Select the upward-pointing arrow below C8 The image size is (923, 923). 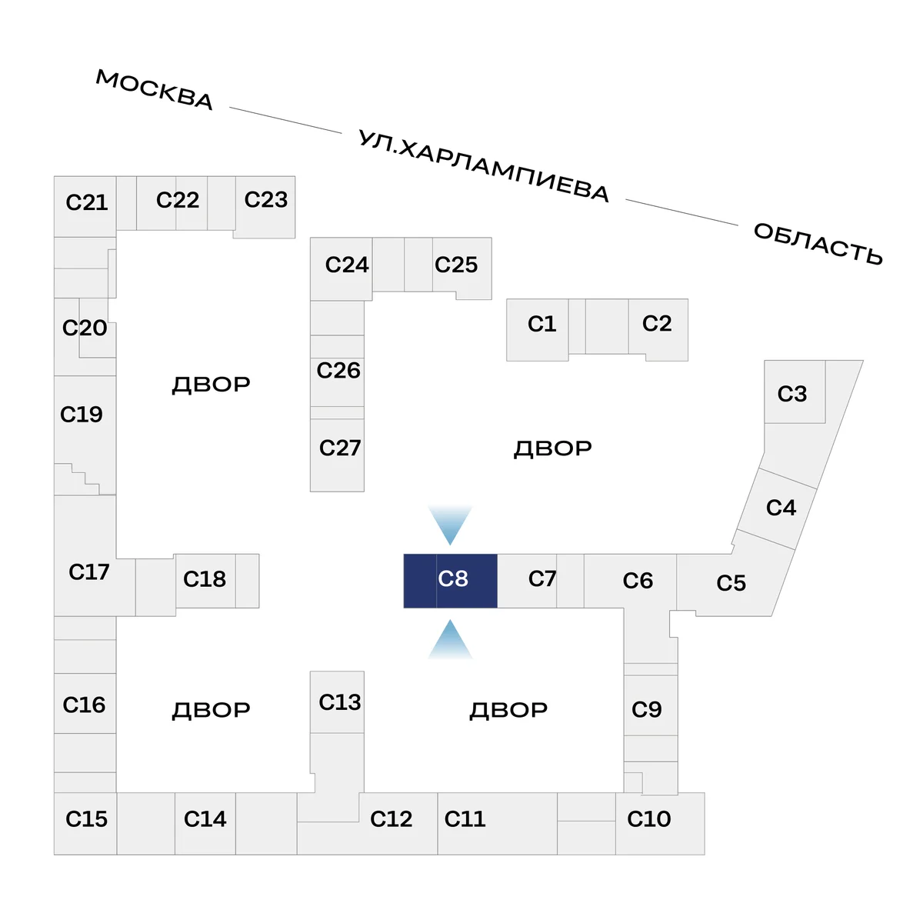click(x=450, y=640)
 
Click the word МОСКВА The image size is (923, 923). click(x=154, y=89)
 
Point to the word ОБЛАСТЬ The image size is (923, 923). click(x=818, y=243)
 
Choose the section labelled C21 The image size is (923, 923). click(x=86, y=202)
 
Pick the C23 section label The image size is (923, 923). click(x=265, y=200)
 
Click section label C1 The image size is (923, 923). click(x=541, y=324)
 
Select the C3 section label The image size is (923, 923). click(x=791, y=394)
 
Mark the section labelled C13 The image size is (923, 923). click(x=339, y=702)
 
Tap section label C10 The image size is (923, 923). click(x=648, y=819)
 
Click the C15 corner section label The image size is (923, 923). click(x=86, y=819)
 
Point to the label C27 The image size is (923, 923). click(x=339, y=448)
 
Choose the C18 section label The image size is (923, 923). click(x=204, y=579)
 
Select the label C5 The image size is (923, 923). click(x=731, y=583)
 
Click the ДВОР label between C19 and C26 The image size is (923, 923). click(x=211, y=385)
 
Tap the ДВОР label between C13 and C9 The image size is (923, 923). click(x=508, y=710)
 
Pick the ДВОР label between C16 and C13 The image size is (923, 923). click(x=211, y=710)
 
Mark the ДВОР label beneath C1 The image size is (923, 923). click(x=552, y=448)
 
